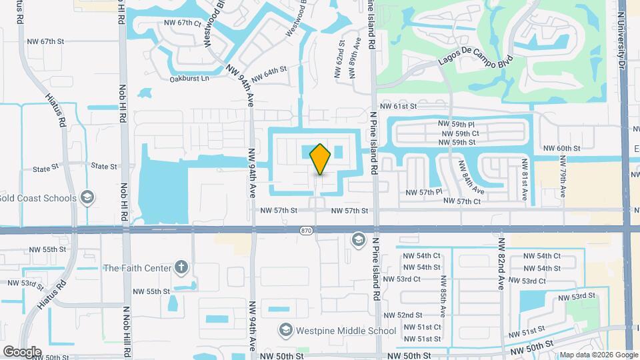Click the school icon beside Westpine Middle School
[286, 330]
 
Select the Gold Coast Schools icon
[86, 197]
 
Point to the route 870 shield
[306, 230]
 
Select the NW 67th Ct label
[183, 23]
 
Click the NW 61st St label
[398, 106]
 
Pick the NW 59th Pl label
[456, 124]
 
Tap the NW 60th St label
[561, 148]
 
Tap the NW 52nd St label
[419, 315]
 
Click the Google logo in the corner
[22, 351]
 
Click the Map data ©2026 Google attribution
[597, 355]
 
